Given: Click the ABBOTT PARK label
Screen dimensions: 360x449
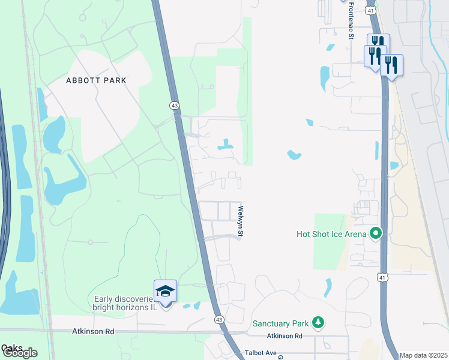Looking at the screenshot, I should pos(96,80).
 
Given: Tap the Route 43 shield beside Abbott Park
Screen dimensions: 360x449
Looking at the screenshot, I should pos(174,105).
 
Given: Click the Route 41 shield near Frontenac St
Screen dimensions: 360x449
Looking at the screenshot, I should pos(372,10).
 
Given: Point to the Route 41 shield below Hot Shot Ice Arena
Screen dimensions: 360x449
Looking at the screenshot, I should pos(382,277).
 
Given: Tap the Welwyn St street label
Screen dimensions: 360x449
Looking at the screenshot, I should pos(240,221).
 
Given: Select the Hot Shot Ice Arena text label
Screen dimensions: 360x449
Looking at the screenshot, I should pos(331,233).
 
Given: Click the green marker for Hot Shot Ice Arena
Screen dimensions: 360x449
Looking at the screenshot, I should pos(376,233).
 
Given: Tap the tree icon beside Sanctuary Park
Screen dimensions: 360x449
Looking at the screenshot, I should pos(318,323).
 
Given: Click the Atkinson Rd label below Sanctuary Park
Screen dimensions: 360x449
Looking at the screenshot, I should pos(285,336).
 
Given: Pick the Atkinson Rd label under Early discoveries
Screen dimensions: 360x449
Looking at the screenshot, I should pos(92,331).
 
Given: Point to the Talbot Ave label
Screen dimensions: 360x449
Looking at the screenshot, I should pos(259,353).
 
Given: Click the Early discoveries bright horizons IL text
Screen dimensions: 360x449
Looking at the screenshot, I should pos(124,303).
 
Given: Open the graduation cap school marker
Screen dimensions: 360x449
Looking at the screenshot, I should pos(165,292).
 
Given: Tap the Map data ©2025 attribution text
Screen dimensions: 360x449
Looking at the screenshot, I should pos(424,355).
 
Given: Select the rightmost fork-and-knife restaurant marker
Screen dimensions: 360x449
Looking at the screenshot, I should pos(391,65).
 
